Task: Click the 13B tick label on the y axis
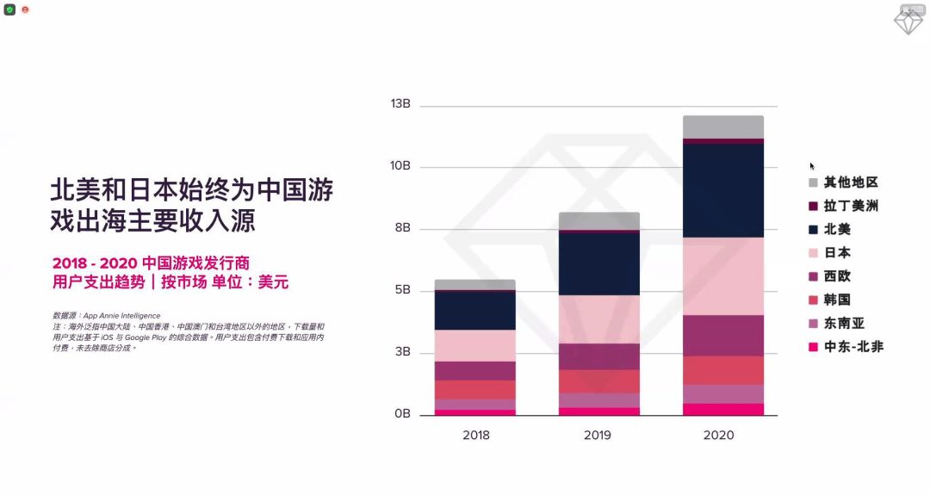tap(400, 104)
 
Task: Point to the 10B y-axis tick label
tap(400, 166)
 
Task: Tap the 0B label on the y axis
tap(402, 415)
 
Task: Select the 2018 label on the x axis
tap(475, 436)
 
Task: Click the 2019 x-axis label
tap(598, 436)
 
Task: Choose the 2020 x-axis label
tap(719, 436)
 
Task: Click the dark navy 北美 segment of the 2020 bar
tap(722, 190)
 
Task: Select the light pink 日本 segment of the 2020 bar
tap(722, 275)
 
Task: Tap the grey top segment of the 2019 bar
tap(598, 220)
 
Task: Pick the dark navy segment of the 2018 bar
tap(475, 311)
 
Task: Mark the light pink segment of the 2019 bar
tap(598, 319)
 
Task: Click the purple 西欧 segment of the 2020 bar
tap(722, 335)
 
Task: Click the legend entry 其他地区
tap(850, 183)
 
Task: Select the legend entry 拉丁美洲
tap(850, 207)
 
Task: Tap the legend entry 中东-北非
tap(853, 347)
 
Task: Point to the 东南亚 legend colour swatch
tap(813, 324)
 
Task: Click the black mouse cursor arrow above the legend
tap(812, 166)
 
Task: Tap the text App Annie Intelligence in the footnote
tap(121, 316)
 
